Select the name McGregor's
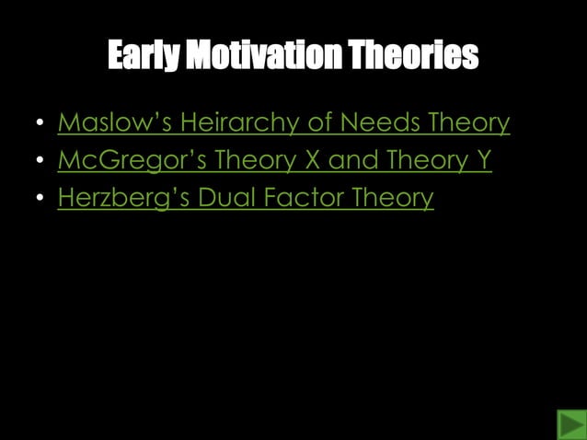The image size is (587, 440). click(x=132, y=160)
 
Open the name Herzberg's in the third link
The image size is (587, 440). click(x=123, y=199)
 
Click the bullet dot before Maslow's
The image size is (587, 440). click(x=39, y=124)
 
